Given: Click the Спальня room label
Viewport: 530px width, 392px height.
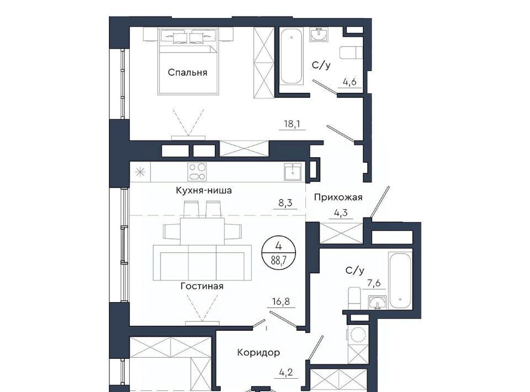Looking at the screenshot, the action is [x=187, y=73].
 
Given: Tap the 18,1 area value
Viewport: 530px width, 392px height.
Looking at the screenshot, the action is [x=293, y=124].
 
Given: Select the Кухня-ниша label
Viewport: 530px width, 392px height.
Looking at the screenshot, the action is [x=204, y=190].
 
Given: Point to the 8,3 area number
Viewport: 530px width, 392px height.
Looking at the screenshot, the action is [x=285, y=203].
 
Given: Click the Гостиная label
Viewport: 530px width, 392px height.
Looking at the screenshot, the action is [x=202, y=286].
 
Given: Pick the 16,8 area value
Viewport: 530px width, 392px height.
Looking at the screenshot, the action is [x=281, y=301].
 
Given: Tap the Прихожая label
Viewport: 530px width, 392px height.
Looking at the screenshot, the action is [x=338, y=197].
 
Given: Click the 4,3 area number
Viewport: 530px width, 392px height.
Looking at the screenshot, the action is [x=341, y=213].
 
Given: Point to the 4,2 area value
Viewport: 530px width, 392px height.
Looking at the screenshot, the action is [x=285, y=373].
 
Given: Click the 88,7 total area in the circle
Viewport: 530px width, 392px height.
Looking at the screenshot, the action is [x=278, y=261].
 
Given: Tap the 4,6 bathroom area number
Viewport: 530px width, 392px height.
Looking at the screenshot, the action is [x=349, y=82].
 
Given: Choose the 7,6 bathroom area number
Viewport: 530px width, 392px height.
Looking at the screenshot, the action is [x=374, y=283].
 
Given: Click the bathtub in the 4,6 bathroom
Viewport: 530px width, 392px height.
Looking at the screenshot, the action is [x=291, y=56].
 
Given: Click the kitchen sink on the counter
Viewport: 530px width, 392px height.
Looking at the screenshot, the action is [x=293, y=172].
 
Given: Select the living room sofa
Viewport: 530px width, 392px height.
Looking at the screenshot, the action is [x=203, y=263].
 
